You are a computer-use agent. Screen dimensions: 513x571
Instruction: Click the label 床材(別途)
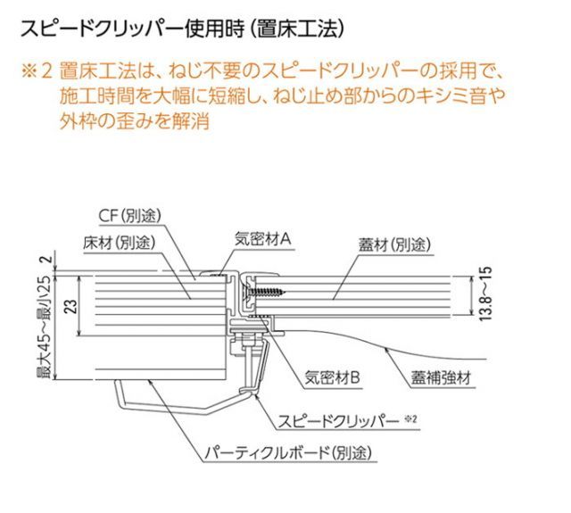tap(120, 242)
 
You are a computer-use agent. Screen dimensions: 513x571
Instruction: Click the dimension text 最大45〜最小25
tap(42, 329)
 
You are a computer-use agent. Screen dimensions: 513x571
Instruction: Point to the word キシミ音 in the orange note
tap(455, 95)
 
